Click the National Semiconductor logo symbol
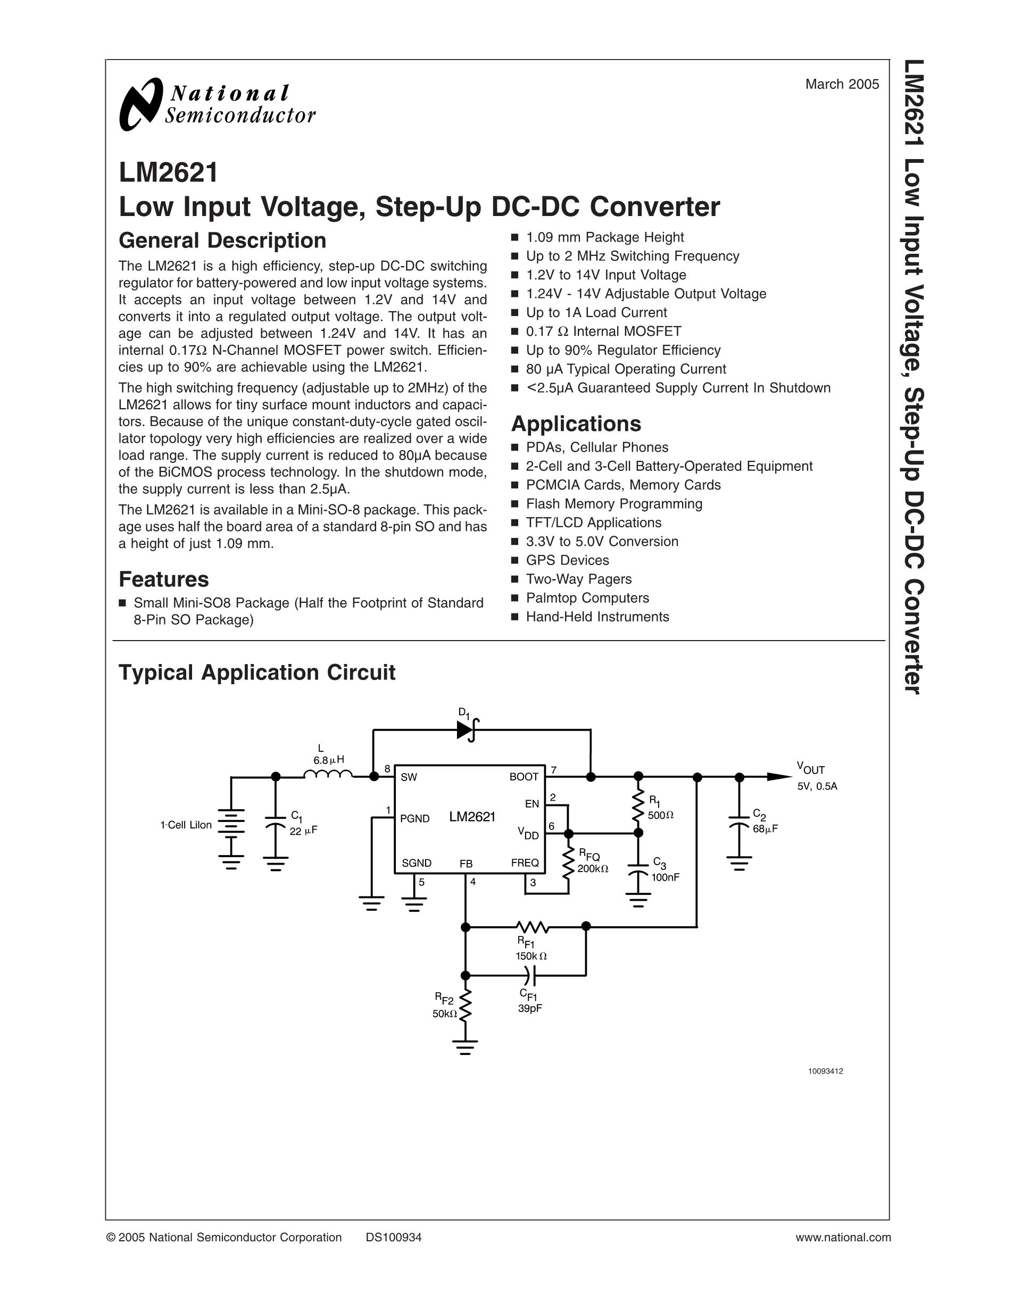141,104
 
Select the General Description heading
222,240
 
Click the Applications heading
576,424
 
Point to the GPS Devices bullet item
567,560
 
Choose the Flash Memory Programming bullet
613,504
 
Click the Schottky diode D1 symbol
466,730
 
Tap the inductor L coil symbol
328,776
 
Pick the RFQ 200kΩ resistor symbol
568,862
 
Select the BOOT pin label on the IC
524,777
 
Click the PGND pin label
414,818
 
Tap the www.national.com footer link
843,1237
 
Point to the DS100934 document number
393,1237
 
